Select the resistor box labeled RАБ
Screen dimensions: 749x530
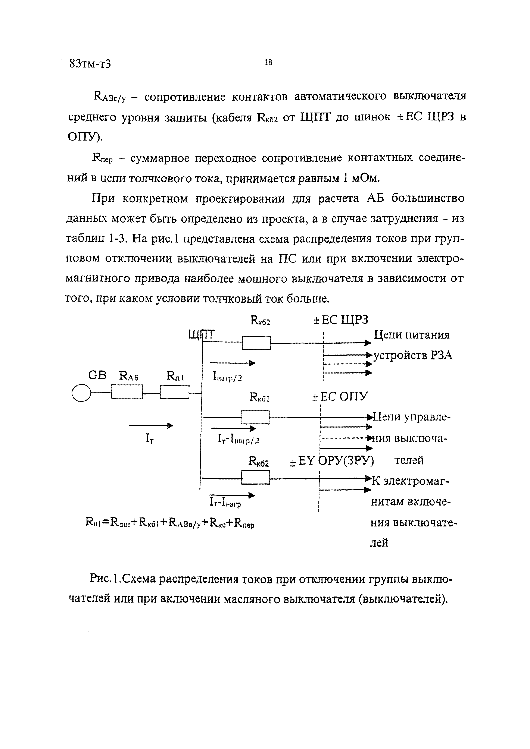click(127, 392)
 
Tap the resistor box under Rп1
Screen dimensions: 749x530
click(175, 392)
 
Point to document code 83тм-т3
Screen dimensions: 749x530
click(90, 64)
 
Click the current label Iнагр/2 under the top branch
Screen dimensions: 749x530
click(227, 377)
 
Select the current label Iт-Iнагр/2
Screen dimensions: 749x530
click(238, 440)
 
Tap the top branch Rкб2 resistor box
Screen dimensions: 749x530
click(256, 343)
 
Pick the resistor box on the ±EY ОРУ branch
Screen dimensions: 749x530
click(256, 478)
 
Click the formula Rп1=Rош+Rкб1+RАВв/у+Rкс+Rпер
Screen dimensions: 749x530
click(170, 523)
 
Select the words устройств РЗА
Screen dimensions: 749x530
click(413, 355)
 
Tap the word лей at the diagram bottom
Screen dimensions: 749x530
click(379, 543)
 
